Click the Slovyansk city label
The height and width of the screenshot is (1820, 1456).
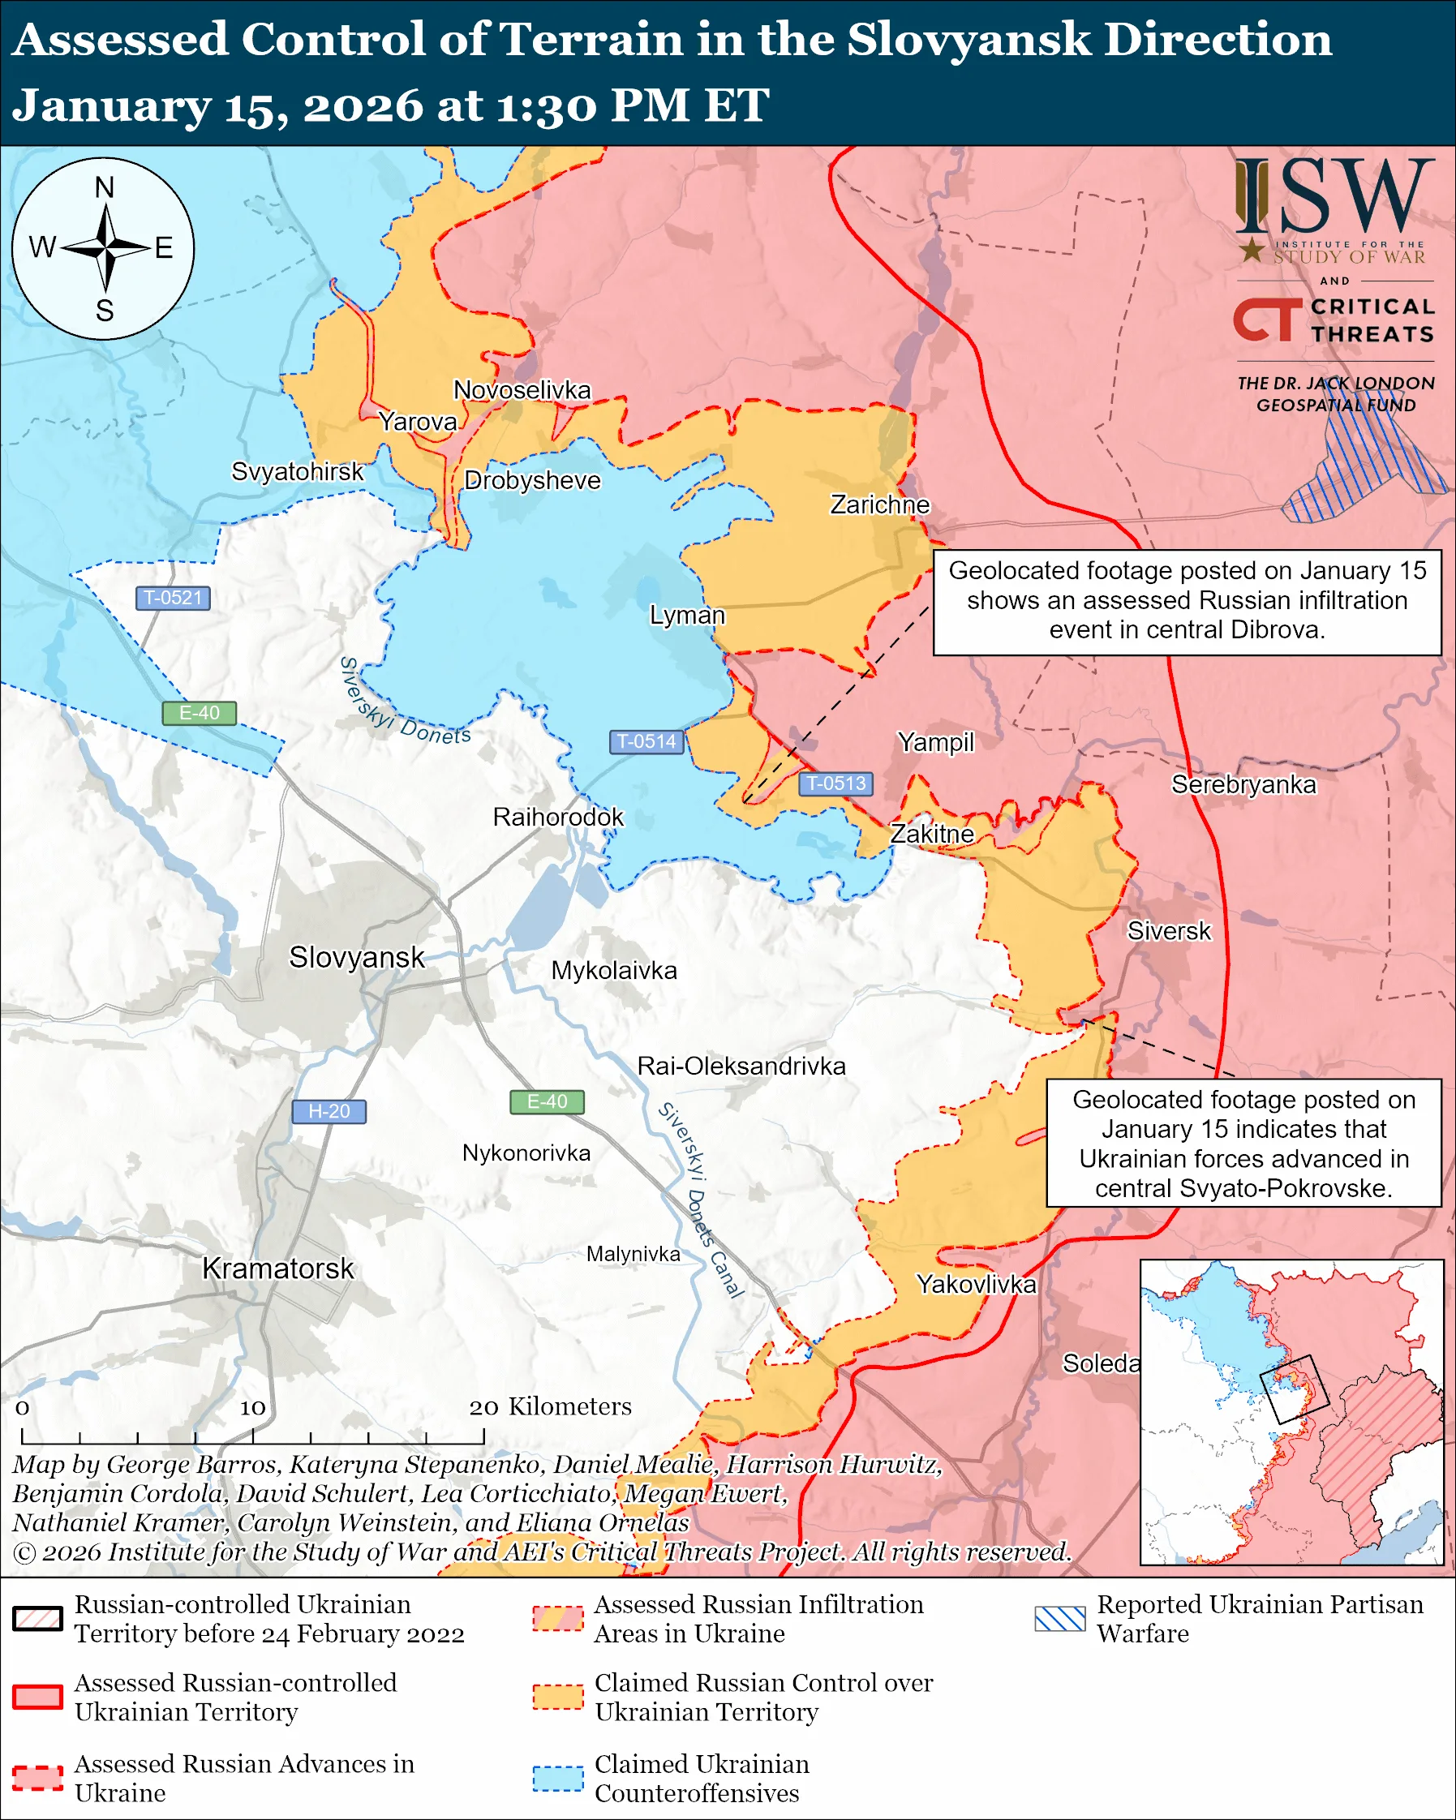click(x=356, y=957)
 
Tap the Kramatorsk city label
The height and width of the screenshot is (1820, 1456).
click(x=277, y=1268)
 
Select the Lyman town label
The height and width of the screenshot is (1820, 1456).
click(x=687, y=615)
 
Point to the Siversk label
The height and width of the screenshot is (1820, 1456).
click(x=1168, y=931)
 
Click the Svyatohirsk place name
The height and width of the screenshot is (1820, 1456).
click(x=297, y=471)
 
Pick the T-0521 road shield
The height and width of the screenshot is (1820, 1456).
click(x=173, y=598)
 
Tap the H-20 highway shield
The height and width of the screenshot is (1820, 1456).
click(x=329, y=1112)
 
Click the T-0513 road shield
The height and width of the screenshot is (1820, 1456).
click(x=835, y=783)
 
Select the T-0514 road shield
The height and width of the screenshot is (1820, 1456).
click(x=646, y=741)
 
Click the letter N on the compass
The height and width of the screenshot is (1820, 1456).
click(x=104, y=187)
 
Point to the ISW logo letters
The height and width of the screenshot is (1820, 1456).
click(x=1334, y=198)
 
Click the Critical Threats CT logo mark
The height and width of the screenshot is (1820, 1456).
click(x=1267, y=320)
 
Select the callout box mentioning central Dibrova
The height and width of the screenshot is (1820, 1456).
click(x=1187, y=601)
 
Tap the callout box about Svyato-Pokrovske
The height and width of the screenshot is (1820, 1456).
click(x=1243, y=1144)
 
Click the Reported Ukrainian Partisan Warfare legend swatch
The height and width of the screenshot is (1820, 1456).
click(x=1059, y=1618)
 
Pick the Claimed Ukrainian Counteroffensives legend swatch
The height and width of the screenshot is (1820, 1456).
click(x=557, y=1778)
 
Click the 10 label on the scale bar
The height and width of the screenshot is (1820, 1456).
click(x=252, y=1407)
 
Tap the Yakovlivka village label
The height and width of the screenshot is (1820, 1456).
click(x=976, y=1284)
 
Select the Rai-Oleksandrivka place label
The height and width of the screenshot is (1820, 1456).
click(x=741, y=1067)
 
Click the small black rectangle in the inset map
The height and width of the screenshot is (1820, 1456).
click(x=1294, y=1389)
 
